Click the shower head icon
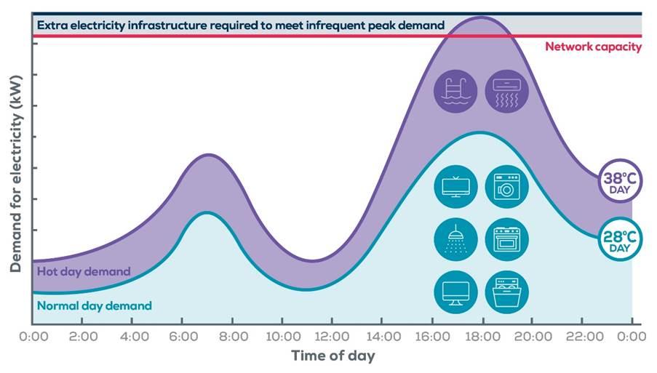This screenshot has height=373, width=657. click(x=455, y=239)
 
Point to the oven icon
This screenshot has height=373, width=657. click(x=506, y=239)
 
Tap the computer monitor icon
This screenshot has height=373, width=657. click(x=455, y=292)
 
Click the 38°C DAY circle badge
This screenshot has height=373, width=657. click(x=620, y=183)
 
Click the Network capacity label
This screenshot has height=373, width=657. click(x=593, y=47)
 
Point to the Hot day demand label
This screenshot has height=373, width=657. click(x=84, y=271)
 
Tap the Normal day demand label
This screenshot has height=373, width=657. click(x=95, y=305)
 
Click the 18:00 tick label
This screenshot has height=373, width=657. click(x=482, y=337)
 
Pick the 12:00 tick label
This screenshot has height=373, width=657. click(x=332, y=337)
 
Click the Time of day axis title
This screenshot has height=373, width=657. click(x=333, y=356)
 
